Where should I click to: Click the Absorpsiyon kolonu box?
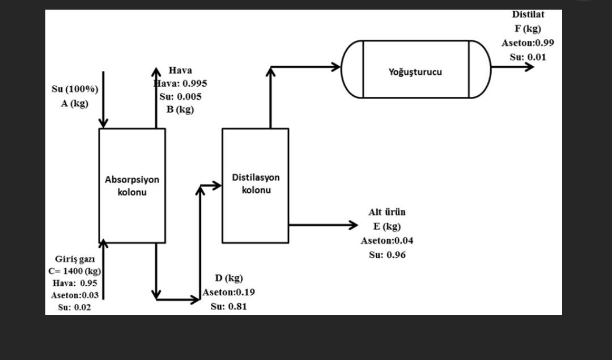pyautogui.click(x=132, y=185)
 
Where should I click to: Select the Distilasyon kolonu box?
pyautogui.click(x=255, y=185)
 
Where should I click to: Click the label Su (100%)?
pyautogui.click(x=75, y=89)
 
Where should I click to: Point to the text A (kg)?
pyautogui.click(x=75, y=103)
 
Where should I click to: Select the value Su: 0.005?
pyautogui.click(x=180, y=96)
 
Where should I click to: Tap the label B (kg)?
pyautogui.click(x=180, y=109)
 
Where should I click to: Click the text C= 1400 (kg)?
pyautogui.click(x=74, y=270)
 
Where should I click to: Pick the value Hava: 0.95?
pyautogui.click(x=74, y=283)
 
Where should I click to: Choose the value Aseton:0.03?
pyautogui.click(x=74, y=295)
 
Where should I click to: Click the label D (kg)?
pyautogui.click(x=228, y=278)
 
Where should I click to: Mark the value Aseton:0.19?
pyautogui.click(x=229, y=293)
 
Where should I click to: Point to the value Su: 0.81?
pyautogui.click(x=228, y=306)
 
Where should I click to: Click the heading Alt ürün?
pyautogui.click(x=386, y=212)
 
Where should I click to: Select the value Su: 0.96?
pyautogui.click(x=387, y=255)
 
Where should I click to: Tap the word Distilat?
pyautogui.click(x=528, y=14)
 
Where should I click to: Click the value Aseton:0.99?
pyautogui.click(x=528, y=43)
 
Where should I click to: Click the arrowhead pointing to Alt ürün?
pyautogui.click(x=353, y=225)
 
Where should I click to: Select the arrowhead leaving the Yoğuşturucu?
pyautogui.click(x=529, y=67)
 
